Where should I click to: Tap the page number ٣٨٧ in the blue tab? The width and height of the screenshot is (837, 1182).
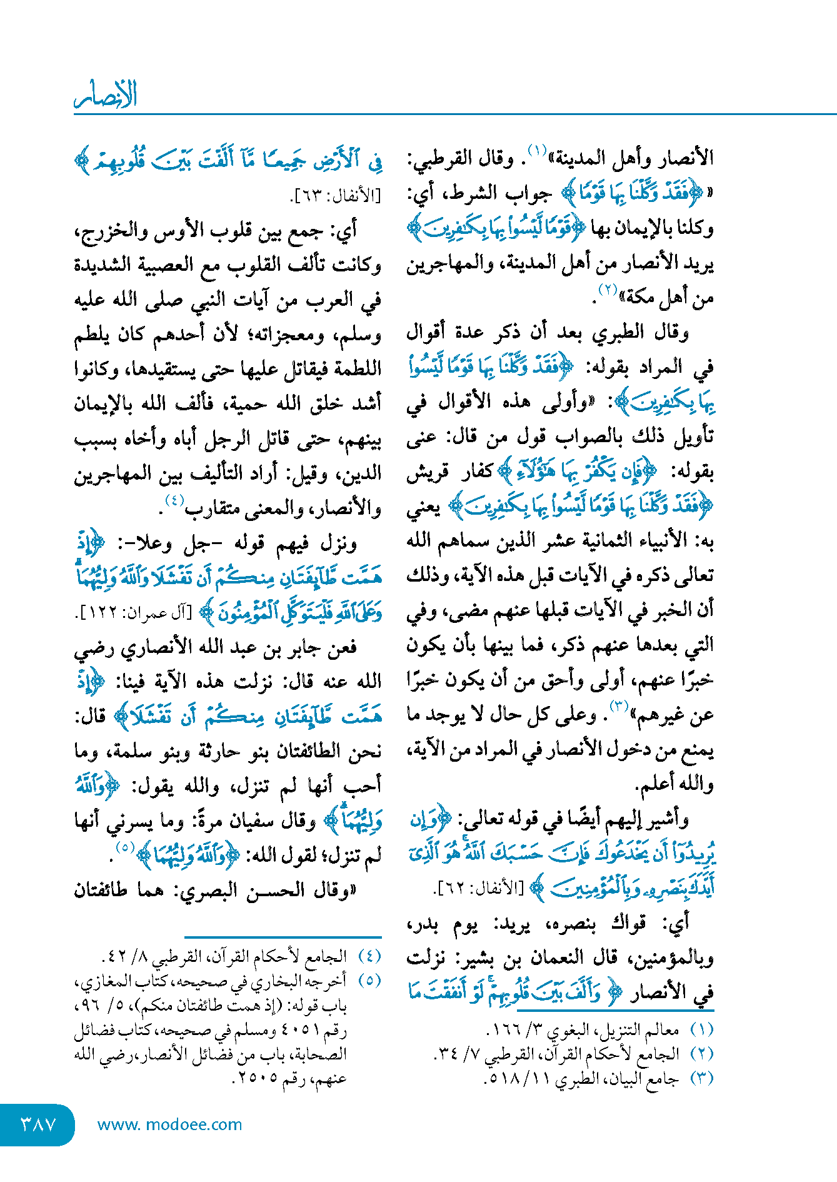click(x=39, y=1124)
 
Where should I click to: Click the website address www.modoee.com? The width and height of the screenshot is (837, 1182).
click(x=169, y=1124)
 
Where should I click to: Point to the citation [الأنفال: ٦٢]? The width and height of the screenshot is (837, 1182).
click(x=477, y=888)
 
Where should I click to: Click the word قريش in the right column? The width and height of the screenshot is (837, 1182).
click(x=426, y=472)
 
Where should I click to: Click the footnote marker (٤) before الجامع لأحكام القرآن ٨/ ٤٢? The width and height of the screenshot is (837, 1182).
click(x=369, y=957)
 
